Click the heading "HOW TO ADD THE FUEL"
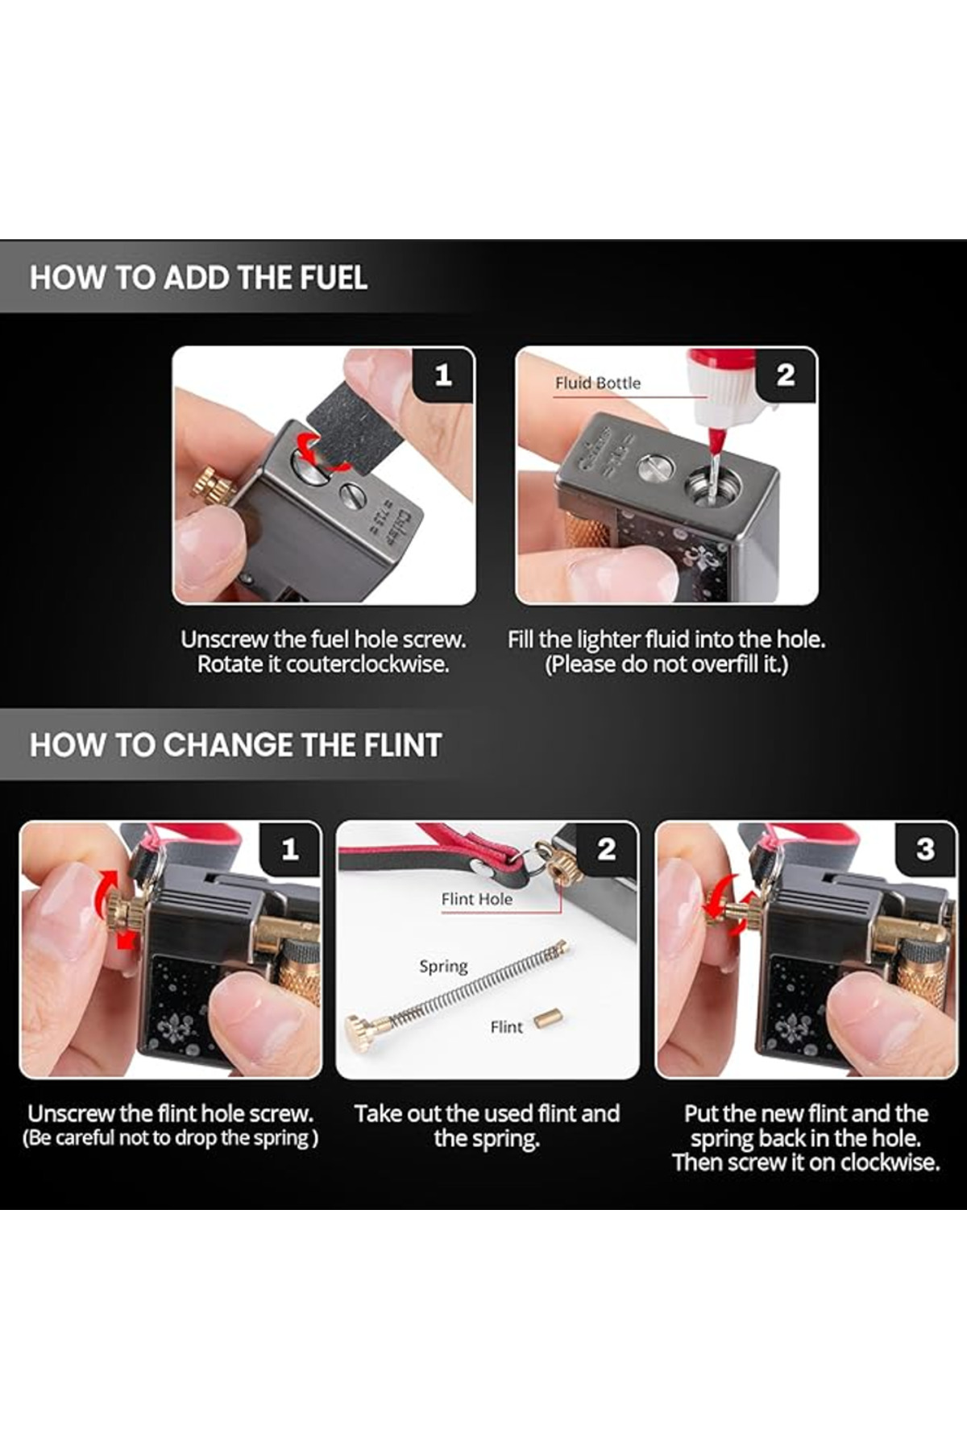pyautogui.click(x=198, y=278)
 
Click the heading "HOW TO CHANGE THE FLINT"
pyautogui.click(x=235, y=745)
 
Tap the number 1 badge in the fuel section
pyautogui.click(x=442, y=375)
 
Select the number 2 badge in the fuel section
pyautogui.click(x=786, y=375)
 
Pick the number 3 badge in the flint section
pyautogui.click(x=925, y=849)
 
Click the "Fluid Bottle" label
pyautogui.click(x=597, y=383)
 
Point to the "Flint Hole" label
pyautogui.click(x=476, y=899)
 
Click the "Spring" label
pyautogui.click(x=443, y=967)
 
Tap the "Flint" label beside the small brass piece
pyautogui.click(x=506, y=1027)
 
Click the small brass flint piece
pyautogui.click(x=548, y=1021)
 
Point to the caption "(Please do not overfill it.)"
pyautogui.click(x=666, y=665)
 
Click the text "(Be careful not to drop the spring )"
pyautogui.click(x=170, y=1138)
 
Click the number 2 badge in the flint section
pyautogui.click(x=606, y=849)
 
